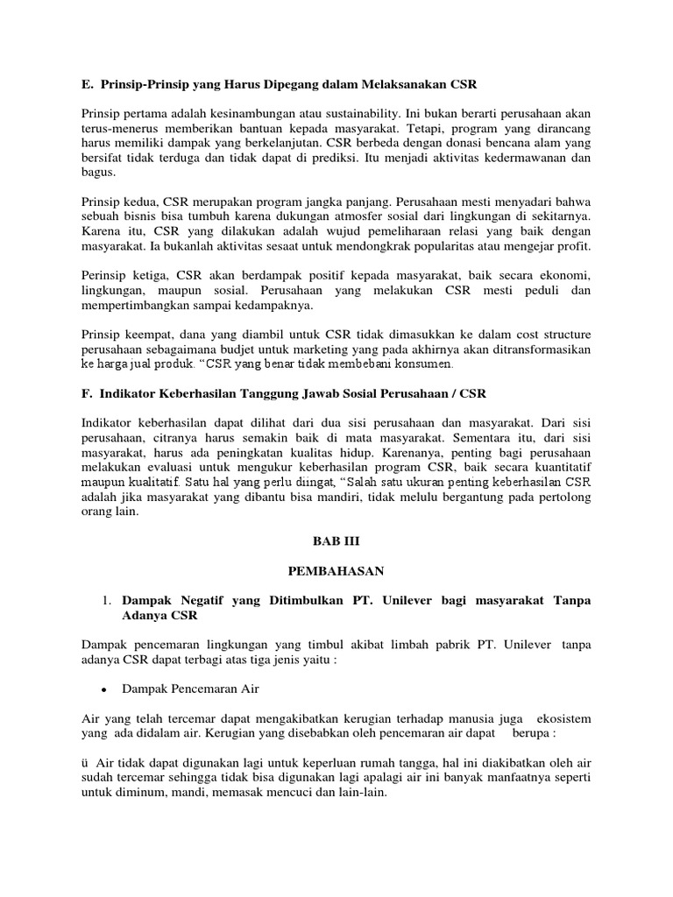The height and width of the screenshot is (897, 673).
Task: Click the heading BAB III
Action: click(x=337, y=541)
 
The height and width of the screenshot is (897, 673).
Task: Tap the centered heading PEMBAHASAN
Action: click(x=337, y=570)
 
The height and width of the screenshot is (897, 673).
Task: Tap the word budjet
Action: click(x=228, y=349)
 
